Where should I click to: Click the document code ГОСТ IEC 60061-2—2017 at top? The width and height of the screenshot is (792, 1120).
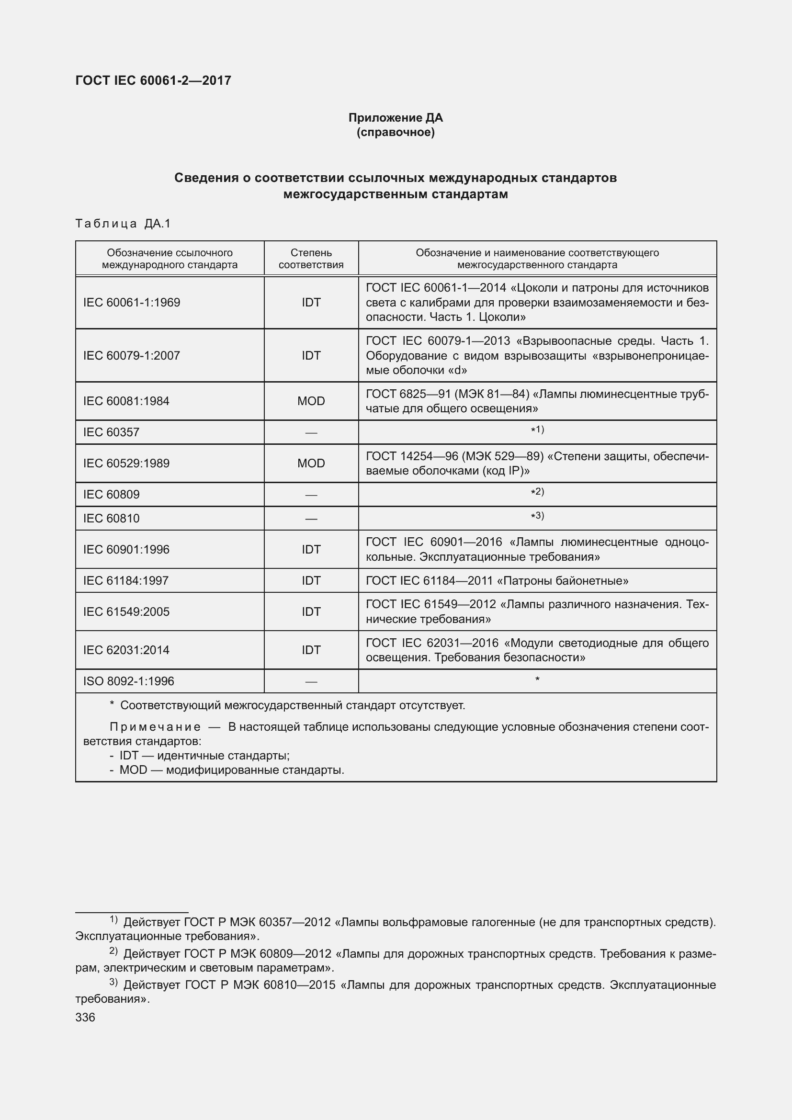pyautogui.click(x=153, y=80)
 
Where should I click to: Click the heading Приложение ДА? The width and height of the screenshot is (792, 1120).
pyautogui.click(x=395, y=118)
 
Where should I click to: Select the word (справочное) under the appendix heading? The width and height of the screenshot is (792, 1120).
pyautogui.click(x=395, y=132)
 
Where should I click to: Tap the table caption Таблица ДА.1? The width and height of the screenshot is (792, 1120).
pyautogui.click(x=123, y=224)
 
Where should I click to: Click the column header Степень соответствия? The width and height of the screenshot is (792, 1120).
pyautogui.click(x=311, y=259)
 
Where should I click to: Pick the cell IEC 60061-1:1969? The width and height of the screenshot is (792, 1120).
pyautogui.click(x=132, y=303)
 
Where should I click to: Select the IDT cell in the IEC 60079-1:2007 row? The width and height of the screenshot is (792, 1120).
pyautogui.click(x=311, y=355)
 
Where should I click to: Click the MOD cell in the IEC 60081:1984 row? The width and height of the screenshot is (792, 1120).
pyautogui.click(x=311, y=401)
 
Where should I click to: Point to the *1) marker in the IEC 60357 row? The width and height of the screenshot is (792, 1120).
pyautogui.click(x=537, y=430)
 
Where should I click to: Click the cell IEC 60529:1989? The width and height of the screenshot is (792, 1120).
pyautogui.click(x=126, y=463)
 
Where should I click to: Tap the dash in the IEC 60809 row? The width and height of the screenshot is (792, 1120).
pyautogui.click(x=311, y=495)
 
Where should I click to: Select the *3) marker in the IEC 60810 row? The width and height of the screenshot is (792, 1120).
pyautogui.click(x=537, y=516)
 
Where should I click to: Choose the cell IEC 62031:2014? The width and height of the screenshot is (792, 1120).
pyautogui.click(x=126, y=650)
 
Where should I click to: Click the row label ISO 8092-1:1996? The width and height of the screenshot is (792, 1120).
pyautogui.click(x=128, y=681)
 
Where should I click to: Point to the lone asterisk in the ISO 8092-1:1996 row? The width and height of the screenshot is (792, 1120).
pyautogui.click(x=537, y=679)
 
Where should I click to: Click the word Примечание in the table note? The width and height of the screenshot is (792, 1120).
pyautogui.click(x=155, y=727)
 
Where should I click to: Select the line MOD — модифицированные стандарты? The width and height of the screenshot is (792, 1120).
pyautogui.click(x=232, y=770)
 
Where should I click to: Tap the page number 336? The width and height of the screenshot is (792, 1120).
pyautogui.click(x=85, y=1017)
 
